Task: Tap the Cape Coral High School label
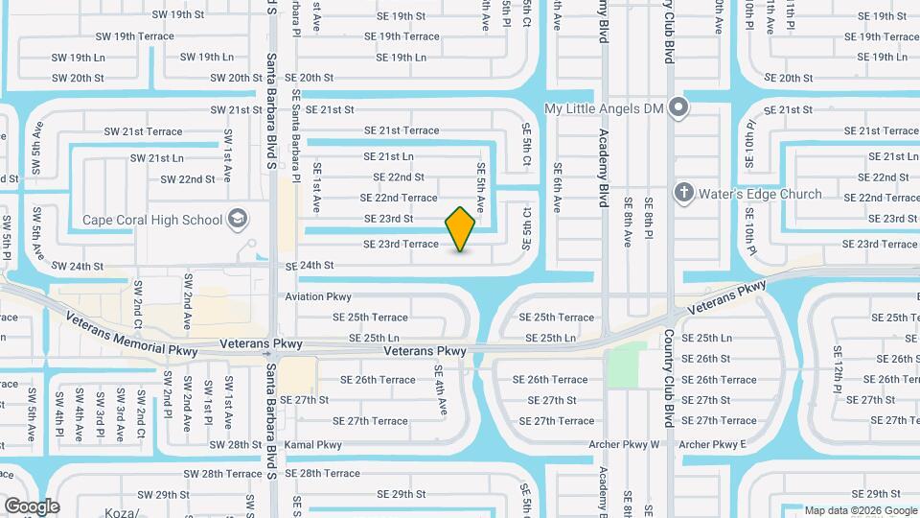[152, 220]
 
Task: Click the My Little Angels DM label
[604, 108]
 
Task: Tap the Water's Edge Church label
[761, 194]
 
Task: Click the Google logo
[32, 506]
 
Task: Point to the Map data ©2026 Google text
[860, 510]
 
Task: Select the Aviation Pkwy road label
[318, 297]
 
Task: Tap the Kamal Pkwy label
[312, 445]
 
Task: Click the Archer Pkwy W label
[629, 445]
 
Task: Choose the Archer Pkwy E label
[712, 445]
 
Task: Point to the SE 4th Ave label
[441, 390]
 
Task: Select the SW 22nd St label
[188, 179]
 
